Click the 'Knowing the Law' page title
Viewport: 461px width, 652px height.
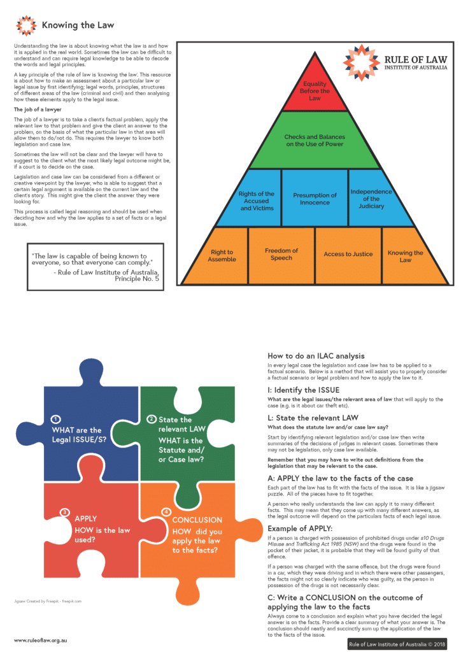78,25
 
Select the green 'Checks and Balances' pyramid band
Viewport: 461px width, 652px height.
315,141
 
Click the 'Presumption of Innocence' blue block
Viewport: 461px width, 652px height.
315,199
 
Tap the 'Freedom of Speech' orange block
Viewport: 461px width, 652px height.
281,255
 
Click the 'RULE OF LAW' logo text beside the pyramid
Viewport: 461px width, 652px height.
416,60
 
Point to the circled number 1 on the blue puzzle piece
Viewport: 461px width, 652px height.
55,419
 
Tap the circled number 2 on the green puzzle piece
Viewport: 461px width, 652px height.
152,419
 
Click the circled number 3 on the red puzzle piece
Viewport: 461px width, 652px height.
64,512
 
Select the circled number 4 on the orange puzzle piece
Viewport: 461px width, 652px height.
166,512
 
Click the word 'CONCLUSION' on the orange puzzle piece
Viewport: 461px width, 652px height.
197,520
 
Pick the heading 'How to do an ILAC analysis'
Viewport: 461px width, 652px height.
316,356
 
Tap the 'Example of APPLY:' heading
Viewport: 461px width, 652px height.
300,528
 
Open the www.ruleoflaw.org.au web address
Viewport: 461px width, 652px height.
40,641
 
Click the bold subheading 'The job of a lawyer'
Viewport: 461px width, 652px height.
38,110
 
